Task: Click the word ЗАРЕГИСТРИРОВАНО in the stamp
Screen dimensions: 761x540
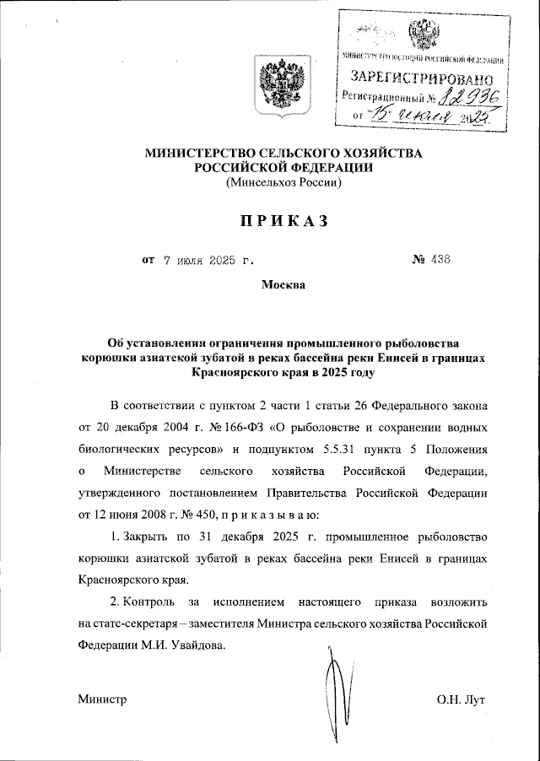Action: [421, 78]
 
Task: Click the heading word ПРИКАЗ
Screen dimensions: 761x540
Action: [270, 220]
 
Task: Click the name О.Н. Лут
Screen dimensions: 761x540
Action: [462, 700]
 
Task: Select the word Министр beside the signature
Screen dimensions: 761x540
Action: [102, 700]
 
